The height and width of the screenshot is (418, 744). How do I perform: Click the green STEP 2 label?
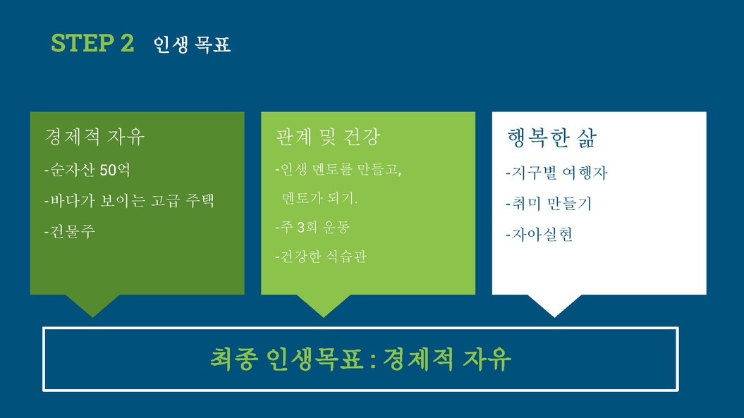(x=92, y=43)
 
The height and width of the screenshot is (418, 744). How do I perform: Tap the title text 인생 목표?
(x=192, y=44)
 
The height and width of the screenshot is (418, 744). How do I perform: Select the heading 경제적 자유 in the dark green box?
(x=94, y=137)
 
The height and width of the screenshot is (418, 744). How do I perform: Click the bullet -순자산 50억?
(x=87, y=170)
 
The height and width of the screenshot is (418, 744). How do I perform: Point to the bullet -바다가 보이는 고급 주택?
(x=129, y=201)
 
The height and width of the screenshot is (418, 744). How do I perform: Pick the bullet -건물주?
(x=70, y=231)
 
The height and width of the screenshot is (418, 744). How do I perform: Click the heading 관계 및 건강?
(x=328, y=137)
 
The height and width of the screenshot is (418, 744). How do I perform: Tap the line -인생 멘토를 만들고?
(x=339, y=169)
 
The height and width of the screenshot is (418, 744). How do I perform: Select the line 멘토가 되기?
(x=319, y=198)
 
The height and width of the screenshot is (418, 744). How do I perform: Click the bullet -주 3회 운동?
(x=312, y=227)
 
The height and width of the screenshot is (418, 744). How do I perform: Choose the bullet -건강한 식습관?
(x=321, y=257)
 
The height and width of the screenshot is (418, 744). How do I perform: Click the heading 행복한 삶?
(x=552, y=138)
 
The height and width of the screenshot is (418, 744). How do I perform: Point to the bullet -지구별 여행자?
(x=556, y=173)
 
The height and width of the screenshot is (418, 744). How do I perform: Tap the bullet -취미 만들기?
(x=549, y=204)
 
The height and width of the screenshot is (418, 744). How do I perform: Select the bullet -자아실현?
(x=539, y=235)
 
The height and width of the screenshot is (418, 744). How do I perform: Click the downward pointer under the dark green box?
(x=92, y=305)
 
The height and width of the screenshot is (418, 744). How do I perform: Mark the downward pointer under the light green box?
(x=324, y=305)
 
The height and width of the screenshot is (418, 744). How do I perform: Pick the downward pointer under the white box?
(x=555, y=305)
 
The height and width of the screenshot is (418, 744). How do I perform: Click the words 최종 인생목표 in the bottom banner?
(x=286, y=359)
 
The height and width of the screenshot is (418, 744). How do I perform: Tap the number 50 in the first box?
(x=108, y=170)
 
